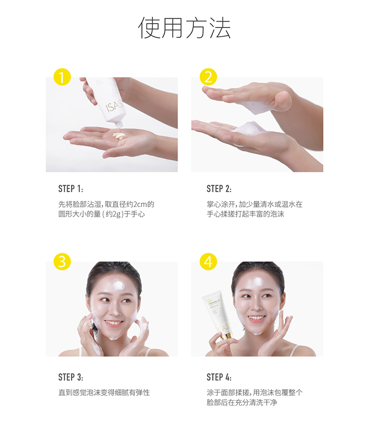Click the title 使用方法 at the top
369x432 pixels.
point(184,28)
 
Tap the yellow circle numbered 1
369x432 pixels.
point(62,77)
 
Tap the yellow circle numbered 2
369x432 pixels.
point(208,77)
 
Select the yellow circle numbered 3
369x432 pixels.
point(62,261)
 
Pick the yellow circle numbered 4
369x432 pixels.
point(208,261)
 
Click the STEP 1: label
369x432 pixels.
point(70,189)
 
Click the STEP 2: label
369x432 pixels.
point(219,189)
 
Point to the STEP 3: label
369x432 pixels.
point(70,377)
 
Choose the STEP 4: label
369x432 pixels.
point(219,377)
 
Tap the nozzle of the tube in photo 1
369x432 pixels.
point(119,124)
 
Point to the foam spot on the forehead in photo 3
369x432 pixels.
point(119,286)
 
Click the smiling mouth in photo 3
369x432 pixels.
point(114,323)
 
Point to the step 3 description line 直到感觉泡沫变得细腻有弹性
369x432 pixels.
point(104,393)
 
